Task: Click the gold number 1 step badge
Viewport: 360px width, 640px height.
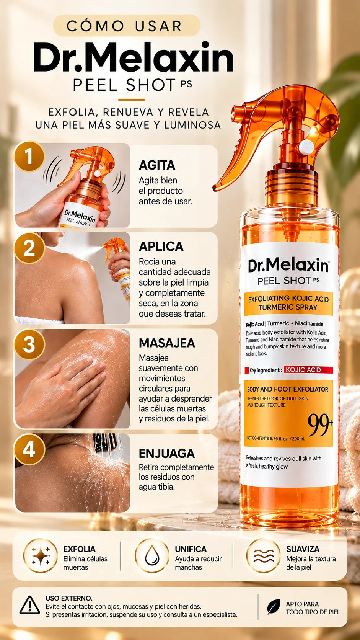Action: [29, 156]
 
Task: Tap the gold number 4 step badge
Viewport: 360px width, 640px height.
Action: [29, 450]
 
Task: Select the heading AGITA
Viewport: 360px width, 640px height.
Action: [157, 165]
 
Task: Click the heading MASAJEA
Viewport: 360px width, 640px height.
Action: [167, 343]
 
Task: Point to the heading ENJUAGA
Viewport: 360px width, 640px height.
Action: [167, 454]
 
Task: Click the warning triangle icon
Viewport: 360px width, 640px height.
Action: [30, 605]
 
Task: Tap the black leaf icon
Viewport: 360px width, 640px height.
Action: [274, 607]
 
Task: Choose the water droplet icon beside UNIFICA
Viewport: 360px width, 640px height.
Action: [152, 555]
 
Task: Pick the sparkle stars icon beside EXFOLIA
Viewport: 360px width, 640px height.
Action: [41, 556]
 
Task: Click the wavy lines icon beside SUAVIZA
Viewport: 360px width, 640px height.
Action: [264, 556]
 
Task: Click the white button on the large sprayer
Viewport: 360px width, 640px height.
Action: [306, 147]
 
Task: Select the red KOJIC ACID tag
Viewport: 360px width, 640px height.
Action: [308, 370]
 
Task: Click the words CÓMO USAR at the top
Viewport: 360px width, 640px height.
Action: [124, 26]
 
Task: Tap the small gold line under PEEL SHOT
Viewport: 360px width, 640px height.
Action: [131, 100]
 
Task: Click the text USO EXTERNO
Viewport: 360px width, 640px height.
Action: [69, 598]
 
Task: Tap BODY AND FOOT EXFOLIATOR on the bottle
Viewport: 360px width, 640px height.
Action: [287, 389]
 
